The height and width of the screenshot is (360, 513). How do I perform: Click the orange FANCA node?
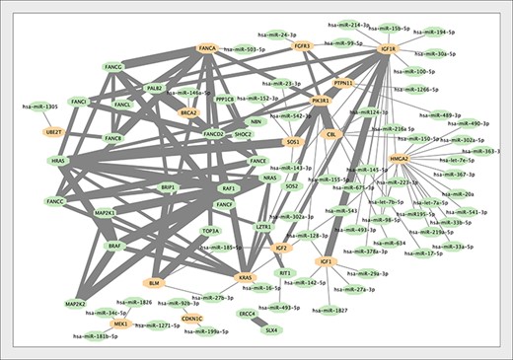tap(207, 47)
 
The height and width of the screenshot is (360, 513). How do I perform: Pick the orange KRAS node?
tap(247, 278)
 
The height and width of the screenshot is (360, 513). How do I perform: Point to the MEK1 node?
tap(120, 324)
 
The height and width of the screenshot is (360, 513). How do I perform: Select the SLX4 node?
tap(270, 330)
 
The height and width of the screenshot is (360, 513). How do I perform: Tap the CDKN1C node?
tap(192, 319)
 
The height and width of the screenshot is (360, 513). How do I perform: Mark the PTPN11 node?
tap(343, 84)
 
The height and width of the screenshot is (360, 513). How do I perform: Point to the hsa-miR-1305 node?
tap(40, 107)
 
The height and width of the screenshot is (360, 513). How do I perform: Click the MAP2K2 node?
tap(76, 304)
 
